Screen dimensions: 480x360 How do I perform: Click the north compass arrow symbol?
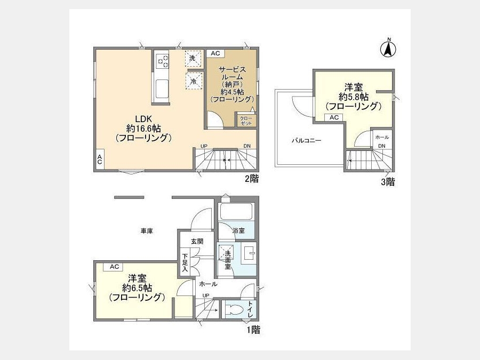[x=388, y=48]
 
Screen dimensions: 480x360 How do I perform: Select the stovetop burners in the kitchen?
[x=163, y=61]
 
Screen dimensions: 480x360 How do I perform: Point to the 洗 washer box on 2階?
[x=194, y=58]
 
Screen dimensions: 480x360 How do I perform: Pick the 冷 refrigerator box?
[x=194, y=81]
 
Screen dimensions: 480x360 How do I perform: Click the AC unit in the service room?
[x=215, y=53]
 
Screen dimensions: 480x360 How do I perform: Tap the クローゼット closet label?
[x=246, y=121]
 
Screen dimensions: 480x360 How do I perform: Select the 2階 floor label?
[x=251, y=178]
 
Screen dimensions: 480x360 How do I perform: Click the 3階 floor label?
[x=388, y=182]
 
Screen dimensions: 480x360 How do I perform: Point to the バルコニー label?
[x=307, y=140]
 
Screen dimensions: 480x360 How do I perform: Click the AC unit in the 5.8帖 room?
[x=334, y=117]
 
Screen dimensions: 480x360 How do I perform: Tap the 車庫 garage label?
[x=147, y=231]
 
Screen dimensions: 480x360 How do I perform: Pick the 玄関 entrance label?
[x=197, y=241]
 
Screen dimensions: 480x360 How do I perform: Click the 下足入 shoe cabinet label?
[x=185, y=262]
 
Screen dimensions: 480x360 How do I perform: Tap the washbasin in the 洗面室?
[x=249, y=253]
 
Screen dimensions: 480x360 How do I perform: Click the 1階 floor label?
[x=253, y=330]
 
